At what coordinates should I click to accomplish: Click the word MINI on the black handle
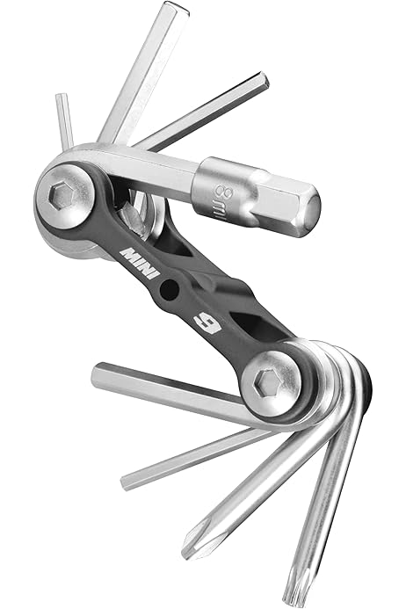tap(141, 263)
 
